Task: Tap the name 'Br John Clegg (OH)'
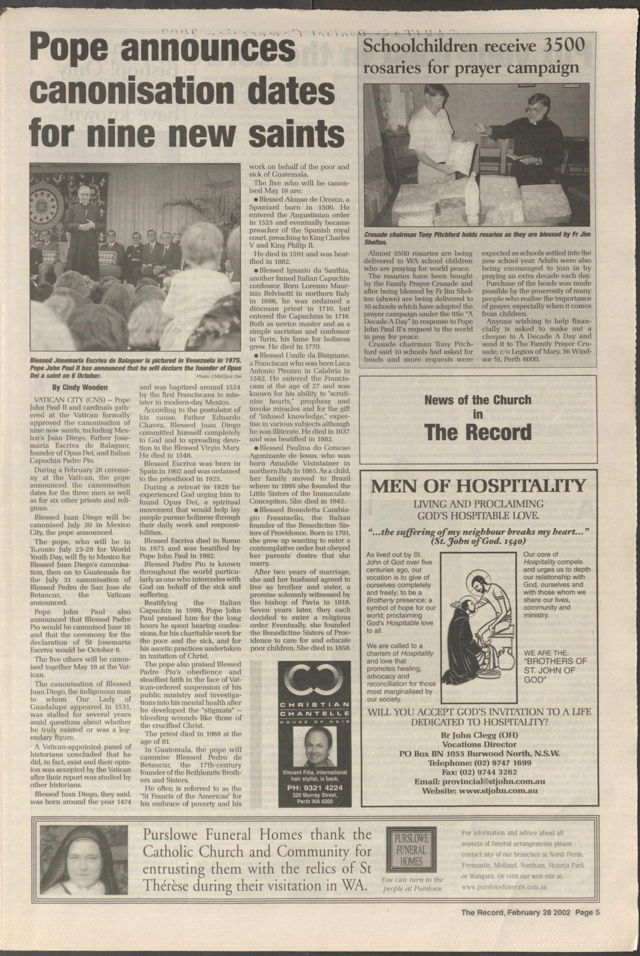click(479, 735)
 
